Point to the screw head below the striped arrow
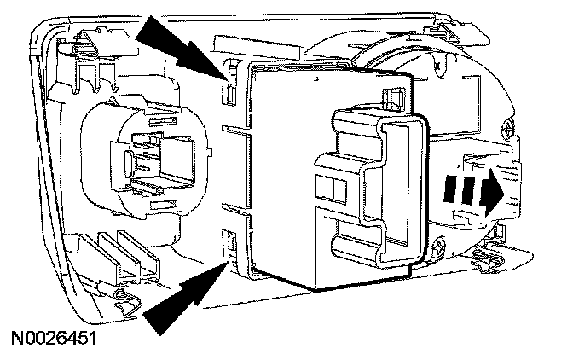(437, 249)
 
